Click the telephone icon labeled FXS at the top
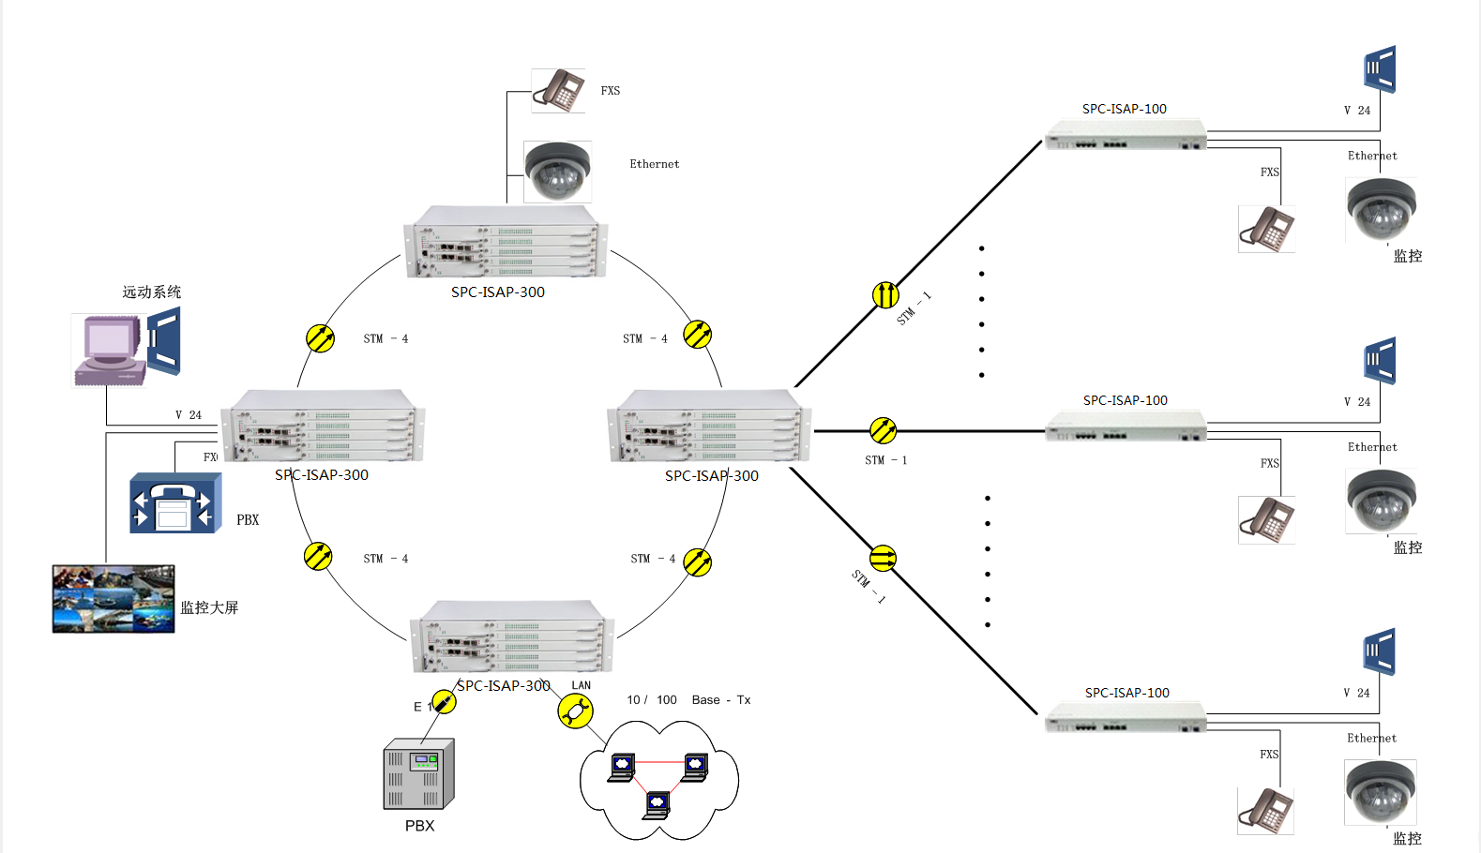[x=558, y=91]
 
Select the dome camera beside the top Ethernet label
[x=557, y=172]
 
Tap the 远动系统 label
[x=151, y=292]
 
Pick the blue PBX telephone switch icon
[x=175, y=503]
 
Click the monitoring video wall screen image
[x=113, y=599]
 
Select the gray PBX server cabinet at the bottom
[x=418, y=775]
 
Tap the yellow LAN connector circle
[x=575, y=711]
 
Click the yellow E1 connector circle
[x=443, y=702]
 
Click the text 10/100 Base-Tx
[x=688, y=700]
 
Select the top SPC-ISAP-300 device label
[x=497, y=292]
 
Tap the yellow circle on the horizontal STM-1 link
[x=883, y=431]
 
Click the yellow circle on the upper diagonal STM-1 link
[x=885, y=295]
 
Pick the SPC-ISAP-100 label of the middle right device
[x=1125, y=400]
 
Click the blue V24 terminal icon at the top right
[x=1380, y=69]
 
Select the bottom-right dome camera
[x=1380, y=790]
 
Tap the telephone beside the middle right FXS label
[x=1267, y=520]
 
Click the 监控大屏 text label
[x=209, y=607]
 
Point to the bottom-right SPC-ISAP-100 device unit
[x=1126, y=719]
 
